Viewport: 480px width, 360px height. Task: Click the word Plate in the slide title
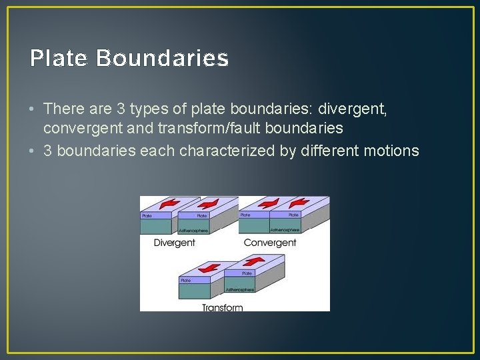click(x=59, y=59)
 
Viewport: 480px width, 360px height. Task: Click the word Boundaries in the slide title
click(x=162, y=59)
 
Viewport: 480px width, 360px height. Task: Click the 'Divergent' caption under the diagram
click(x=175, y=243)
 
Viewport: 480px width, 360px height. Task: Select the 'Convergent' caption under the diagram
click(x=270, y=243)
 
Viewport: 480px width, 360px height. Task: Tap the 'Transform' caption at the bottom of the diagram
click(x=222, y=307)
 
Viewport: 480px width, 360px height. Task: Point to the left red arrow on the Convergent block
click(x=269, y=203)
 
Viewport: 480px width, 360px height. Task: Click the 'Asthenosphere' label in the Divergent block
click(x=193, y=231)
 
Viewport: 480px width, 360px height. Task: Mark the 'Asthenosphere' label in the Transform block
click(x=239, y=290)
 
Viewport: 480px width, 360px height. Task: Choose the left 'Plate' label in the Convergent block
click(x=245, y=215)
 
